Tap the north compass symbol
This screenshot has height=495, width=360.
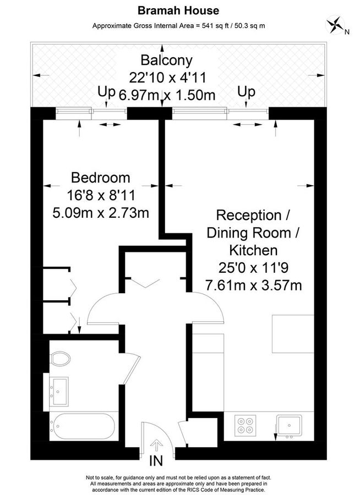pos(334,25)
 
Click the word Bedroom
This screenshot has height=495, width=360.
pos(101,178)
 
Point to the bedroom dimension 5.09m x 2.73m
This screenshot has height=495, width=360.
pos(101,212)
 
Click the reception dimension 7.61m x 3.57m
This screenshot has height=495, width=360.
pos(253,285)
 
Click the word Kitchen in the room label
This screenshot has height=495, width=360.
pos(253,251)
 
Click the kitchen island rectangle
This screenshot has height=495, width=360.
pos(293,334)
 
